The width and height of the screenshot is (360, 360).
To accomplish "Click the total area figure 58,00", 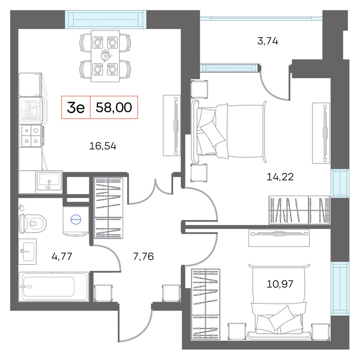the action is coord(114,107).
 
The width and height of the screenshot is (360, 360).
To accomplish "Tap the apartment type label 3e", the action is coord(76,107).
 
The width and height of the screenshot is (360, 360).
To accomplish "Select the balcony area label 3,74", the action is coord(267,41).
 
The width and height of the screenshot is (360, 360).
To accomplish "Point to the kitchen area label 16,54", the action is coord(103,146).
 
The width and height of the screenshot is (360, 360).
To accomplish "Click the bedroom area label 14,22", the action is coord(280,177).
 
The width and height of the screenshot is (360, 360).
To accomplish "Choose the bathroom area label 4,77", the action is coord(62,256).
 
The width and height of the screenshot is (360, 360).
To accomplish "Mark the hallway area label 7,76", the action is coord(144,256).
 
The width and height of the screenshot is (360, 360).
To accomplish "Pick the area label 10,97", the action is coord(280,284).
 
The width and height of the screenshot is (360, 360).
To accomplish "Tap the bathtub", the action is coord(54,287).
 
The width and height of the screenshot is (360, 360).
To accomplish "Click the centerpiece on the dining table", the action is coord(105,56).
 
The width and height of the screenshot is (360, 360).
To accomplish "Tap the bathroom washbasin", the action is coord(27,252).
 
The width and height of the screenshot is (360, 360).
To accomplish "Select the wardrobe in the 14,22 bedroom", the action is coord(300,210).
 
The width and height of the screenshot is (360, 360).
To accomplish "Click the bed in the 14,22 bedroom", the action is coord(229,131).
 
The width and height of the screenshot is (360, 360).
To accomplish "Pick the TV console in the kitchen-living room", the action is coord(171,125).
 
